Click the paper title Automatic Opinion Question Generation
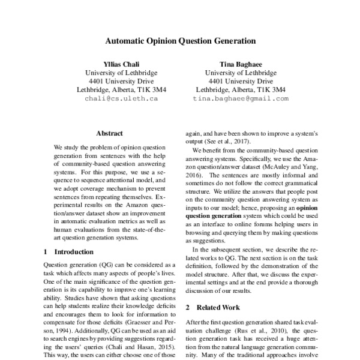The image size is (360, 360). pos(181,42)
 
